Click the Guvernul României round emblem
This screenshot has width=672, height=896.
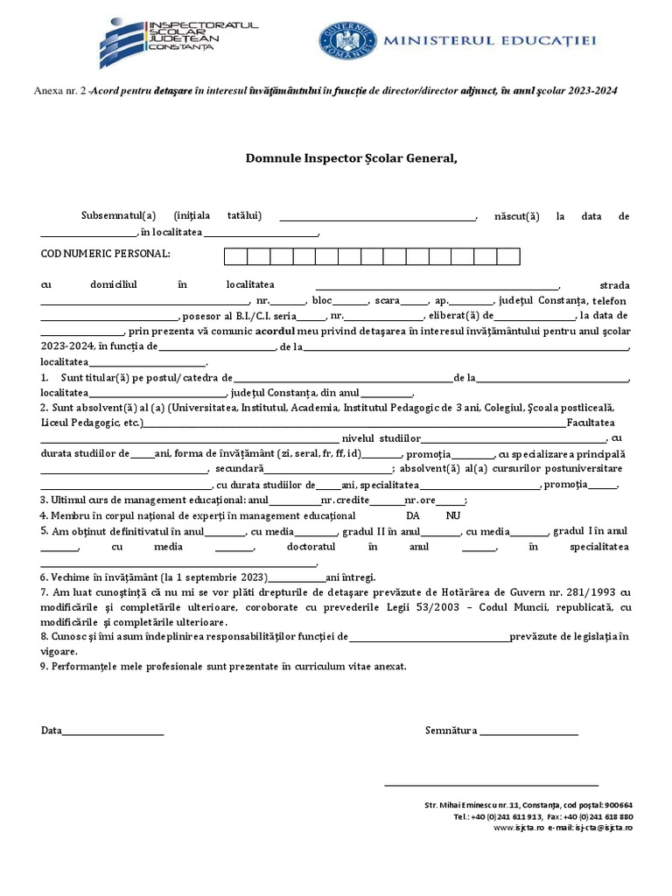346,40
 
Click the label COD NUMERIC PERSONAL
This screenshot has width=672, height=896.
106,255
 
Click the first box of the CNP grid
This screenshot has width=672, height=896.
236,255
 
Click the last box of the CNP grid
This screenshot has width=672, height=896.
508,255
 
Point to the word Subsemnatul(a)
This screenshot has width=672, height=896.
118,215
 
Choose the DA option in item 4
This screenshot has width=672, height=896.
414,515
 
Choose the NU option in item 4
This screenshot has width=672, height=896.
452,515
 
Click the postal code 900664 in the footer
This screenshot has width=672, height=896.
618,804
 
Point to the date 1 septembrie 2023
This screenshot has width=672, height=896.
223,577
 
